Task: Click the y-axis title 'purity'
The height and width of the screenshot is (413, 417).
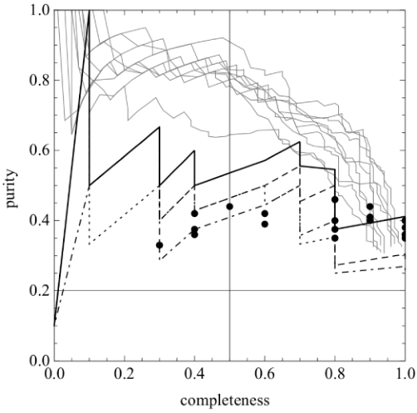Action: (12, 189)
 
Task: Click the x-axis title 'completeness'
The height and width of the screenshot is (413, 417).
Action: (225, 401)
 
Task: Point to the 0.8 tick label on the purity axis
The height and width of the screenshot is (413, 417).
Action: (40, 80)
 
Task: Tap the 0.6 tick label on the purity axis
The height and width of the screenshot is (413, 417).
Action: (40, 150)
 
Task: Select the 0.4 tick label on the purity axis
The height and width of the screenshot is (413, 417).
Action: (40, 220)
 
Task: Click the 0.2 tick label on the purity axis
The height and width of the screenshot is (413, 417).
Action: (40, 291)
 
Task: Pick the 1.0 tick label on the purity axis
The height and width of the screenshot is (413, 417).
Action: (40, 10)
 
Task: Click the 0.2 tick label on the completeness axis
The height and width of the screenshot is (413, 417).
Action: (125, 374)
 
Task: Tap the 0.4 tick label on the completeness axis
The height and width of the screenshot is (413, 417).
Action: (194, 374)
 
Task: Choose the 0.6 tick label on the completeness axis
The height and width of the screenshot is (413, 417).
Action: (265, 374)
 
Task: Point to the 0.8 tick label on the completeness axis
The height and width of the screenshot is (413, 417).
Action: (335, 374)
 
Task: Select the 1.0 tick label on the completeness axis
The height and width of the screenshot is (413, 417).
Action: (405, 374)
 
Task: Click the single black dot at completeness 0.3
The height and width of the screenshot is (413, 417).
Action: (159, 245)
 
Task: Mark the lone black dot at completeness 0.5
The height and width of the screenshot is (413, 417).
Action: (229, 206)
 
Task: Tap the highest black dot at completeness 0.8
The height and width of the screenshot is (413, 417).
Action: (335, 199)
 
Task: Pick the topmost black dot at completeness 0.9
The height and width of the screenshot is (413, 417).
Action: (370, 206)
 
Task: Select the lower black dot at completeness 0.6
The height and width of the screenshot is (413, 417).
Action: (265, 224)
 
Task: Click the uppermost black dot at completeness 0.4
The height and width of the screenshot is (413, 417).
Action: (194, 214)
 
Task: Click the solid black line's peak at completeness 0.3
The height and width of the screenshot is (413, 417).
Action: (159, 127)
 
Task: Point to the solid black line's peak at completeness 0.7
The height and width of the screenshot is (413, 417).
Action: (300, 142)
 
